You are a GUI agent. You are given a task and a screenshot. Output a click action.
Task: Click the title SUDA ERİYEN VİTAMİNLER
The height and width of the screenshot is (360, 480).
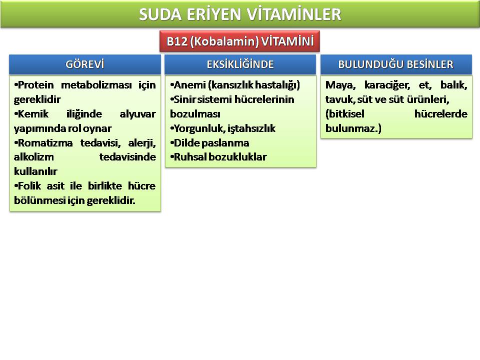[x=240, y=14]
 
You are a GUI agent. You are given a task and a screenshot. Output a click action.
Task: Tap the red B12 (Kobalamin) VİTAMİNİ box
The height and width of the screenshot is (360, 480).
[x=239, y=41]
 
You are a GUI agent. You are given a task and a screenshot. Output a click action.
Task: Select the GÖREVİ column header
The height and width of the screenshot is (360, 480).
[x=85, y=64]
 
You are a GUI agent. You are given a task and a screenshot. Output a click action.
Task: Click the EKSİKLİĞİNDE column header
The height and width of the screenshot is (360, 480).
[x=240, y=64]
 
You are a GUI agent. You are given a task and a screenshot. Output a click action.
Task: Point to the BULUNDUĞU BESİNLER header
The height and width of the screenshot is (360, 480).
[x=396, y=64]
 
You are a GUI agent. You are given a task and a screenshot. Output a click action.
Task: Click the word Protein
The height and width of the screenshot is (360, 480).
[x=36, y=85]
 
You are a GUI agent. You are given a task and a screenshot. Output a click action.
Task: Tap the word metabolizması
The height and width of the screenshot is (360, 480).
[x=96, y=85]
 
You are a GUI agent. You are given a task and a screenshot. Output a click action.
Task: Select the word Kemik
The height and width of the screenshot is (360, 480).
[x=33, y=114]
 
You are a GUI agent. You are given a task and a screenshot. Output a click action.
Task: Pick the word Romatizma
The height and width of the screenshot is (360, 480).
[x=45, y=142]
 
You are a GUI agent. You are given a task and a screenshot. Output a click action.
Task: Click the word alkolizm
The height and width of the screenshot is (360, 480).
[x=33, y=157]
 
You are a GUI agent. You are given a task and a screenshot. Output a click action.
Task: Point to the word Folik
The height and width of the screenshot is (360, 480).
[x=29, y=186]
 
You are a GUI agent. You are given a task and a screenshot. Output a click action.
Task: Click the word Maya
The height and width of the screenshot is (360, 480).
[x=340, y=85]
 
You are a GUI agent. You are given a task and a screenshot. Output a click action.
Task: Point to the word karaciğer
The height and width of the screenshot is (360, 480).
[x=387, y=85]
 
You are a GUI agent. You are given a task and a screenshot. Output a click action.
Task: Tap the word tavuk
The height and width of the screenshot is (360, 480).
[x=340, y=99]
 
